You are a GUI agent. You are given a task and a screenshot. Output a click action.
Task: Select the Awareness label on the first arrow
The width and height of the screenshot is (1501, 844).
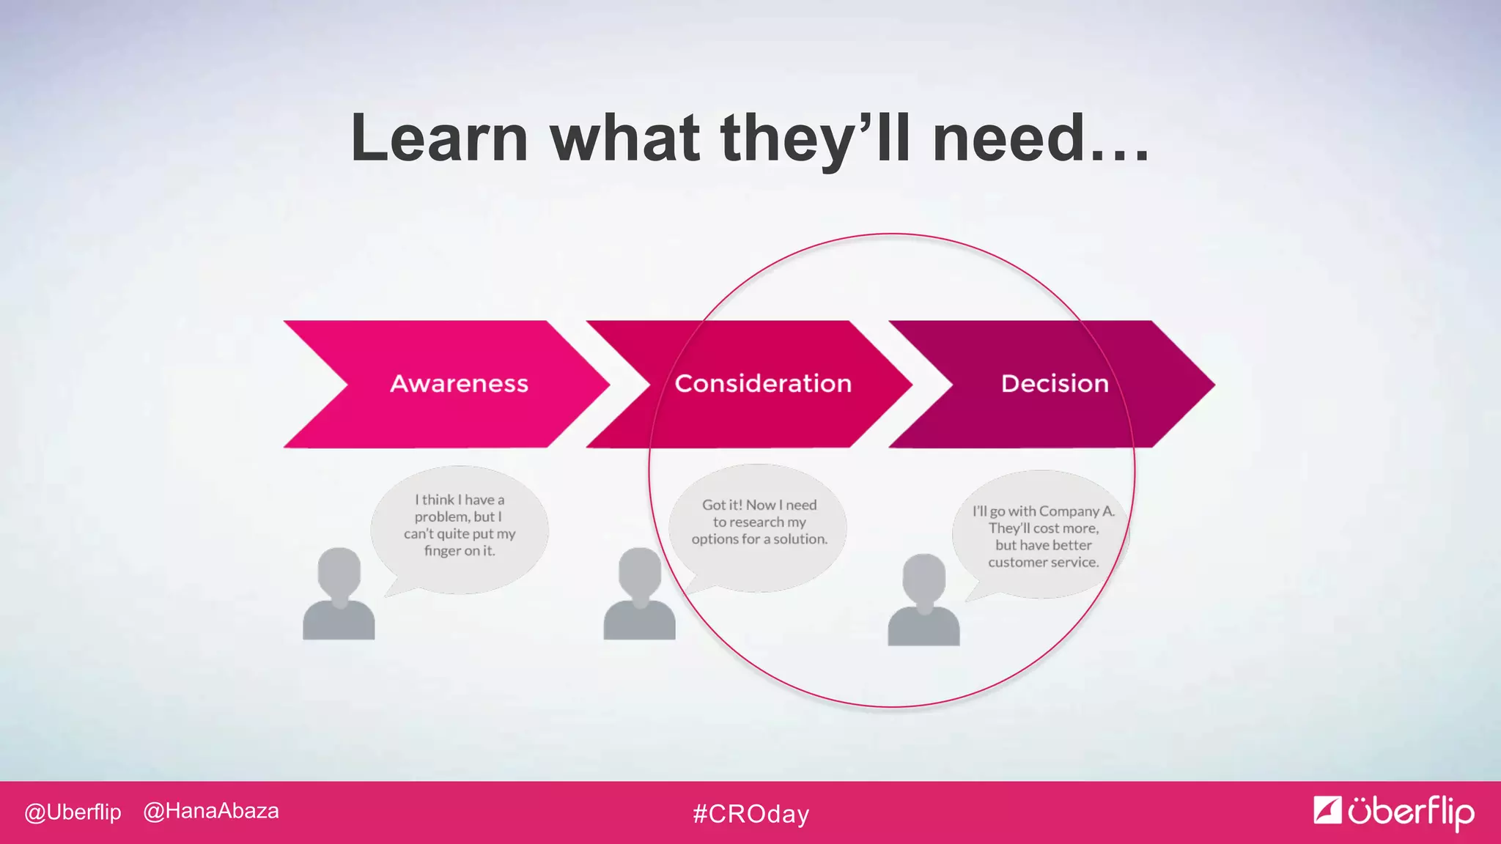click(x=459, y=383)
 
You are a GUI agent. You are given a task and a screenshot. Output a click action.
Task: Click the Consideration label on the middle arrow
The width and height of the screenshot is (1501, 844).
click(x=763, y=383)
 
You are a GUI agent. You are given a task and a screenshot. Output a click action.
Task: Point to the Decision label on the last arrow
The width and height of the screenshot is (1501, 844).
click(x=1055, y=383)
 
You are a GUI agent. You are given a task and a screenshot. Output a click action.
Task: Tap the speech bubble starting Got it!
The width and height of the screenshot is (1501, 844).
click(x=759, y=524)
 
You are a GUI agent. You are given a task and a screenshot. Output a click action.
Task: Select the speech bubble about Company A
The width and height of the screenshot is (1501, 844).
click(x=1042, y=536)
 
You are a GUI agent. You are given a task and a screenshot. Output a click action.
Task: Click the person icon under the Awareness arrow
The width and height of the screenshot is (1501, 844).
click(x=339, y=595)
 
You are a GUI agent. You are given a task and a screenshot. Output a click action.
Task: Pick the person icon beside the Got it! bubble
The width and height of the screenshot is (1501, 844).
click(x=639, y=595)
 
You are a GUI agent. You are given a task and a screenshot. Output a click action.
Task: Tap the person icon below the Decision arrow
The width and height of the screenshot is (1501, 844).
click(x=923, y=601)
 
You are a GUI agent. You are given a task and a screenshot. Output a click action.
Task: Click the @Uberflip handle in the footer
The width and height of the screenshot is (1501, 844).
click(x=73, y=812)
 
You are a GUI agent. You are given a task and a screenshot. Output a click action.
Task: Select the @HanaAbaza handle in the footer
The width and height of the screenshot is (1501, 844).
click(x=211, y=811)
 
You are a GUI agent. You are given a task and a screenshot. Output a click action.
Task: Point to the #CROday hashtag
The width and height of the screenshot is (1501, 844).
click(x=751, y=814)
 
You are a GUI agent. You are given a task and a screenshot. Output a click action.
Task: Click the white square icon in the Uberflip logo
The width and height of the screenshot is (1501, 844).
click(x=1327, y=810)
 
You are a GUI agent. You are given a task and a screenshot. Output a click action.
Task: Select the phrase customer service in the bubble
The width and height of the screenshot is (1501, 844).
click(x=1043, y=563)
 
